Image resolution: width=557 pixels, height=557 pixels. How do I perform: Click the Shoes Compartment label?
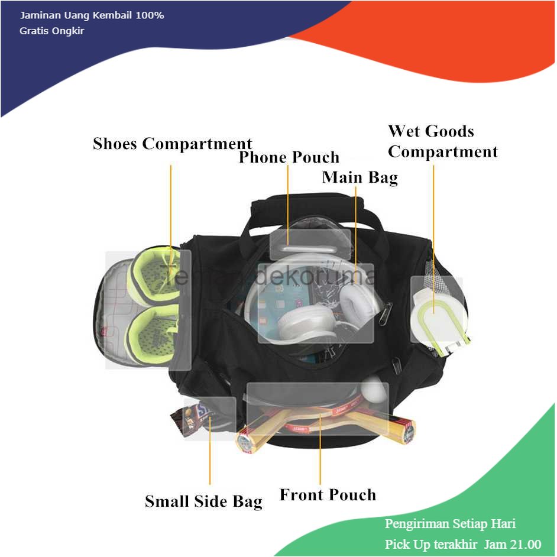[x=172, y=144]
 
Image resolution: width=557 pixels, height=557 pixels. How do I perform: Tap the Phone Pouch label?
[x=289, y=157]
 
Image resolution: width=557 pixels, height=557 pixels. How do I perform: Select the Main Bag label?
[x=360, y=177]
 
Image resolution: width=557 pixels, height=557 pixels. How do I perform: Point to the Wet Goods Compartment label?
[x=442, y=141]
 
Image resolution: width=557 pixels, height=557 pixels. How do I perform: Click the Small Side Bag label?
[x=203, y=501]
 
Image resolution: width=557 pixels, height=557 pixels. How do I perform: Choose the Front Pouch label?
[x=328, y=494]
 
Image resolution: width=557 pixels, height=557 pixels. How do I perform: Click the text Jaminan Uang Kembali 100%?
[x=92, y=15]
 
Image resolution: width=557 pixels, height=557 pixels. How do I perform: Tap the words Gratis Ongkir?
[x=52, y=31]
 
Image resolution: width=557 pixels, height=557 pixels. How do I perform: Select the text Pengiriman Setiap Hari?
[x=450, y=524]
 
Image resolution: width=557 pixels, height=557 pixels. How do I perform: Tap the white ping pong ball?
[x=374, y=390]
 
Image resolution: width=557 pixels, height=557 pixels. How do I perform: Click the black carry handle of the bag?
[x=313, y=211]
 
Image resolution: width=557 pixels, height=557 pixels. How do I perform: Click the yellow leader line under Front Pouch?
[x=320, y=449]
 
